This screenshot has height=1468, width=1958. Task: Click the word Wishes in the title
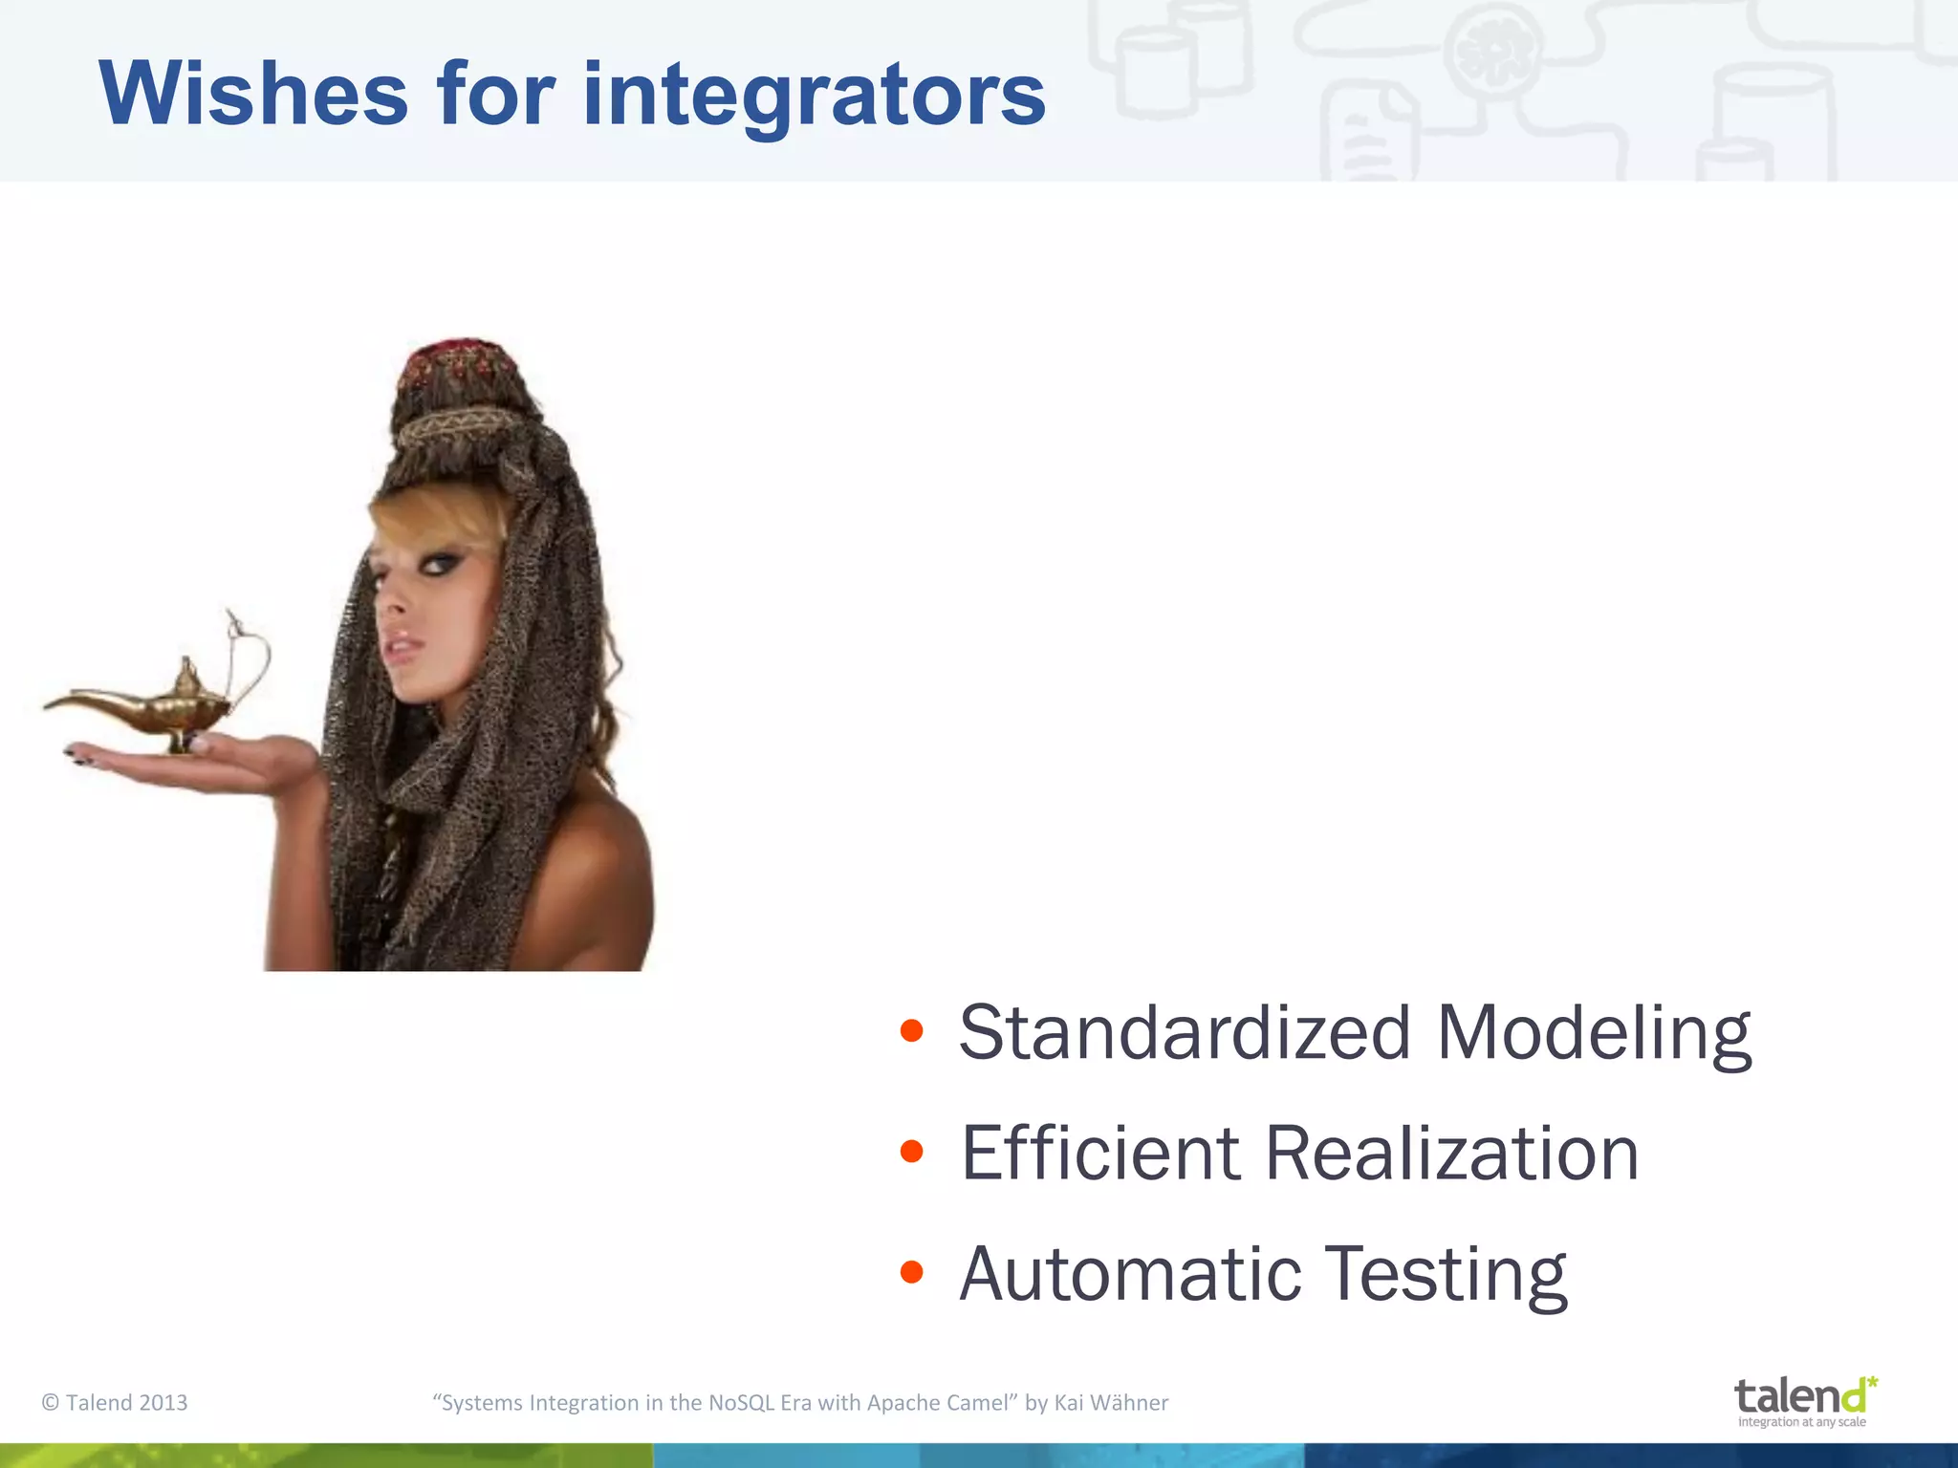tap(253, 94)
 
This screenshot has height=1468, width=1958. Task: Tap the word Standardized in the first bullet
tap(1185, 1033)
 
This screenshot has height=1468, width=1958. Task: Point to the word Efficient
tap(1099, 1154)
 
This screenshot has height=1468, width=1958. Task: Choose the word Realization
tap(1451, 1154)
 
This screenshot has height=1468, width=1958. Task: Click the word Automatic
tap(1130, 1274)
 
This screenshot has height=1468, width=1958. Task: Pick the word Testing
tap(1447, 1276)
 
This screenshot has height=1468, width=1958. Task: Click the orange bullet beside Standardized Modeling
tap(911, 1031)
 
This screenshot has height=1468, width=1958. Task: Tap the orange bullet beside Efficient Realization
tap(911, 1152)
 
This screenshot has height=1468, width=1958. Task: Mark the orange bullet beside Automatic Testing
tap(911, 1272)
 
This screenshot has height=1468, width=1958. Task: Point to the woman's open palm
tap(239, 760)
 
